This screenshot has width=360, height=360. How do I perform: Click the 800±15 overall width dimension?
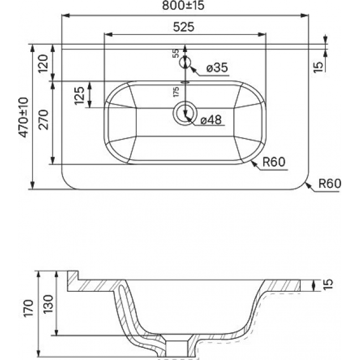point(183,6)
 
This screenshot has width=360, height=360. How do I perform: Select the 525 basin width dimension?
point(183,27)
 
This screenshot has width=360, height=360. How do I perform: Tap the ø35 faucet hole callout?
point(217,68)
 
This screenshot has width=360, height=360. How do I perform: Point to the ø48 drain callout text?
point(211,120)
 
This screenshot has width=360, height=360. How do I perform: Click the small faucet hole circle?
point(185,62)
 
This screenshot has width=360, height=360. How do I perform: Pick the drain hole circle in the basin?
point(185,113)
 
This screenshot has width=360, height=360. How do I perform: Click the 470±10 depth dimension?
point(24,117)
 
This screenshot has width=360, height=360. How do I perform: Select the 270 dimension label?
point(43,120)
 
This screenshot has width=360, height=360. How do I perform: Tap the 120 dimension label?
point(43,64)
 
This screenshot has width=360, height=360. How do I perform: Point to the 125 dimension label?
point(80,95)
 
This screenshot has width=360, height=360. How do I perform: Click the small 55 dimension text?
point(176,53)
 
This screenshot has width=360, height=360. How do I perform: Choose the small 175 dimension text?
point(176,91)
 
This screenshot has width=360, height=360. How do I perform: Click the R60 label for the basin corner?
point(274,162)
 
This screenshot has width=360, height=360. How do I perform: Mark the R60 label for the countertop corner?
point(330,183)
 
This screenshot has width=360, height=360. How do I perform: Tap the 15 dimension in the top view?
point(318,67)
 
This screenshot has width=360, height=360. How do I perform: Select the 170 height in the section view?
point(28,308)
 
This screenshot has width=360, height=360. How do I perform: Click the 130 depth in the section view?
point(48,304)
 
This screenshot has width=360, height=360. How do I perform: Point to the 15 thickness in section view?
point(328,285)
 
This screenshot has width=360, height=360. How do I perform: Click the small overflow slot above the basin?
point(185,82)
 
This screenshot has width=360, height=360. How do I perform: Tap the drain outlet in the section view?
point(177,348)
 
